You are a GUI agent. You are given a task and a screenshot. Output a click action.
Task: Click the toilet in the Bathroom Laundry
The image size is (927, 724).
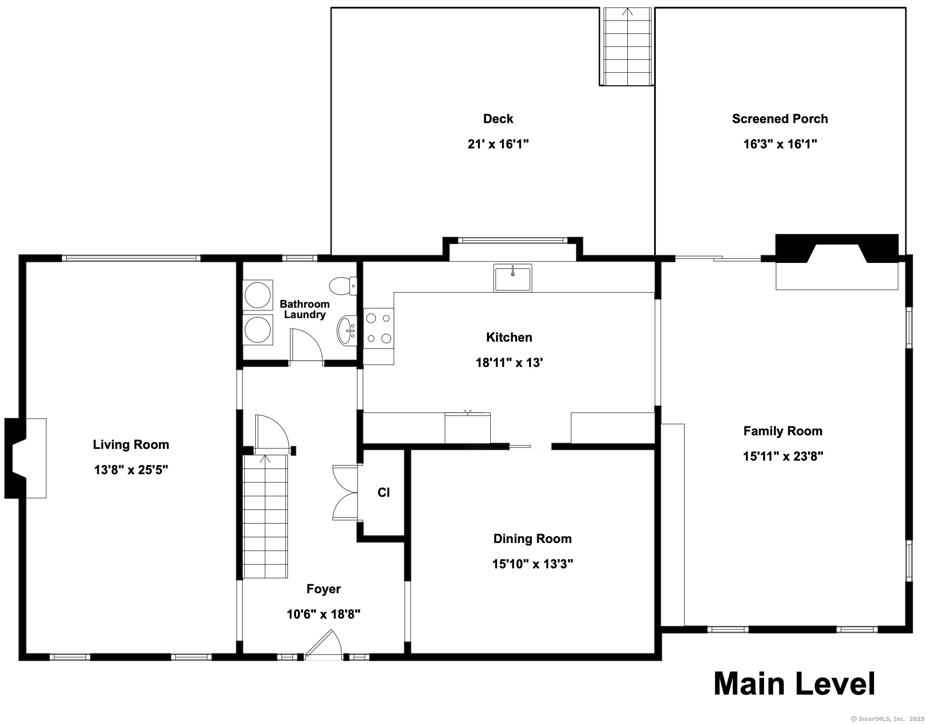pyautogui.click(x=343, y=286)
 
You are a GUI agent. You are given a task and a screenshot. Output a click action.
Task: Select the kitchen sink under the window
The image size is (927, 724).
pyautogui.click(x=512, y=278)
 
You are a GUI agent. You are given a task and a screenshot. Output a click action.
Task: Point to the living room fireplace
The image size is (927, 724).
pyautogui.click(x=25, y=458)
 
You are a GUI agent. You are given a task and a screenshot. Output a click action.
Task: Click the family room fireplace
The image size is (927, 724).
pyautogui.click(x=837, y=262)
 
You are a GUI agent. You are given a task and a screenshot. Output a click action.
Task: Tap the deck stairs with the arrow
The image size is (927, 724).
pyautogui.click(x=627, y=47)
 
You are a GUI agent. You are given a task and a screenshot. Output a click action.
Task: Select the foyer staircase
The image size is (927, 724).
pyautogui.click(x=265, y=516)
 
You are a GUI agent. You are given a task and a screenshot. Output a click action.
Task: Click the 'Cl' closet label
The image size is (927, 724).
pyautogui.click(x=383, y=492)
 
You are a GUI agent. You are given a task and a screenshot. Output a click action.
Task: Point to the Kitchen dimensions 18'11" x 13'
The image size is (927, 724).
pyautogui.click(x=509, y=362)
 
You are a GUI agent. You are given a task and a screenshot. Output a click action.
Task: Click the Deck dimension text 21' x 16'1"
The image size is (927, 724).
pyautogui.click(x=498, y=144)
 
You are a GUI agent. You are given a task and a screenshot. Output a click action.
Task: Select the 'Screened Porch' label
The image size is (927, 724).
pyautogui.click(x=780, y=119)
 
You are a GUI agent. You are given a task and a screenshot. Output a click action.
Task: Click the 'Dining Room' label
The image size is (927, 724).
pyautogui.click(x=532, y=538)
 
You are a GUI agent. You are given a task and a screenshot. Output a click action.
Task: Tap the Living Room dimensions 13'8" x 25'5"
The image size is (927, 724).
pyautogui.click(x=131, y=470)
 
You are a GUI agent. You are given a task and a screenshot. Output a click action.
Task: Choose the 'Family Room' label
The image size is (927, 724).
pyautogui.click(x=783, y=431)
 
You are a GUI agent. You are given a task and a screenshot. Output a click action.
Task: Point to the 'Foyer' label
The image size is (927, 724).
pyautogui.click(x=323, y=589)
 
